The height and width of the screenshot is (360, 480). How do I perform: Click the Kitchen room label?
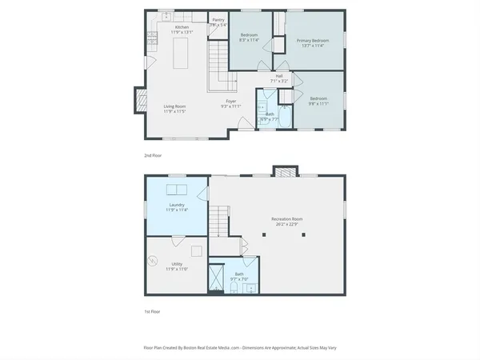click(x=182, y=30)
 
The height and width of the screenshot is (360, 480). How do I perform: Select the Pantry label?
click(x=218, y=22)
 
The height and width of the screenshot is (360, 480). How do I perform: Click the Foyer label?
click(x=230, y=103)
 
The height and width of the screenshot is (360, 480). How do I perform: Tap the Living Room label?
click(x=174, y=108)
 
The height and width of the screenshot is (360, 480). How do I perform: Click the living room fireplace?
click(x=138, y=101)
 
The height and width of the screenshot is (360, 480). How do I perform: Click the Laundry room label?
click(x=178, y=207)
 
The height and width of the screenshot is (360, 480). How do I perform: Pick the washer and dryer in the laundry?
click(x=178, y=190)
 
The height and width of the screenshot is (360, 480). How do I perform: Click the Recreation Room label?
click(x=285, y=222)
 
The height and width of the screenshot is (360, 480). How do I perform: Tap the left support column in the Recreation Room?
click(x=265, y=234)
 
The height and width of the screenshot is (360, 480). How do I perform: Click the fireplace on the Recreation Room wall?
click(x=284, y=171)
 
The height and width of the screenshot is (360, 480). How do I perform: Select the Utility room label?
click(x=178, y=266)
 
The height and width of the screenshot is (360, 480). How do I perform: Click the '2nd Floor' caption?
click(x=152, y=155)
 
